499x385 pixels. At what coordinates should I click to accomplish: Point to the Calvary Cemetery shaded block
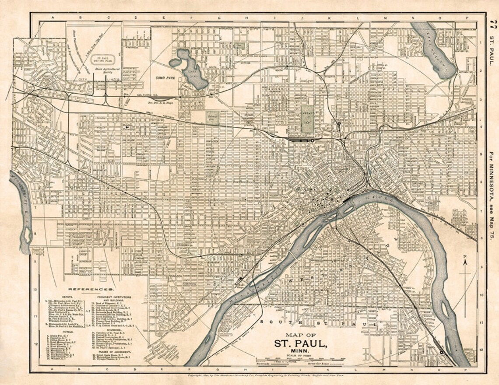pyautogui.click(x=212, y=117)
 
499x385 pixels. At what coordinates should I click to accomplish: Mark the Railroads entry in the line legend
pyautogui.click(x=268, y=363)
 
